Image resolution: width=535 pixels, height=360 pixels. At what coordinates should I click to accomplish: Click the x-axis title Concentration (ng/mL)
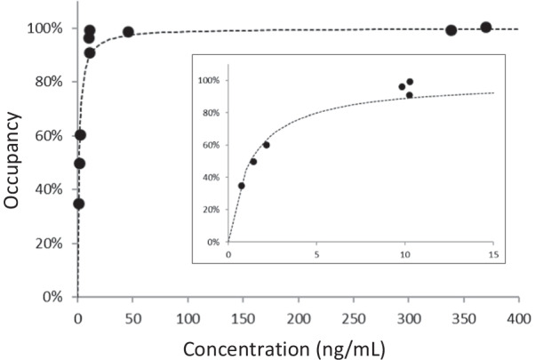[299, 348]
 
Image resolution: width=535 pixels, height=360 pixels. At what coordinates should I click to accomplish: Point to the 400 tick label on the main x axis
[519, 317]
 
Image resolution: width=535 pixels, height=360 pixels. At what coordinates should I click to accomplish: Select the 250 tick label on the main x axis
[354, 317]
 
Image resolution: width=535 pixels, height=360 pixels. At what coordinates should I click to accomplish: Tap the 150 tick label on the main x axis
[244, 317]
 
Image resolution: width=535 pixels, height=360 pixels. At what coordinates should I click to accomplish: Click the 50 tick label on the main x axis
[133, 317]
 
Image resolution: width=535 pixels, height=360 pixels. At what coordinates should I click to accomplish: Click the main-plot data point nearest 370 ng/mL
[486, 28]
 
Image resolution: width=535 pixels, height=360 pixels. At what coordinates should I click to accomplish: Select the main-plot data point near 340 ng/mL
[451, 30]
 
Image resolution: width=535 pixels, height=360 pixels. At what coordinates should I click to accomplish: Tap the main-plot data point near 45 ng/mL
[128, 32]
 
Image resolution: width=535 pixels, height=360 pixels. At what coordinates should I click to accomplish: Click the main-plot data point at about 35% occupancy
[79, 204]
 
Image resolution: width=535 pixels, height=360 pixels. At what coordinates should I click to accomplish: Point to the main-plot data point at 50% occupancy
[80, 164]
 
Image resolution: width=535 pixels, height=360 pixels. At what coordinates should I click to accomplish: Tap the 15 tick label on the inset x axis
[491, 252]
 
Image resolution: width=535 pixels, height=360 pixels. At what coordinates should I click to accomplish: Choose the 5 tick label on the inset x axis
[316, 252]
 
